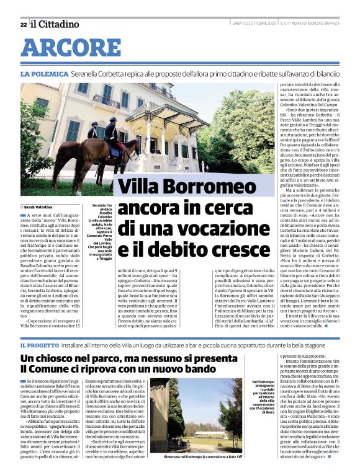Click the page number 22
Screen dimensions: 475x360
click(23, 24)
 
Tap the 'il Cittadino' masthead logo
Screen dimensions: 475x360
click(55, 24)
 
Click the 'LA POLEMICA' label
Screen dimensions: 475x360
click(43, 74)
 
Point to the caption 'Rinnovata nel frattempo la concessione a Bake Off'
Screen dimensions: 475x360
click(194, 456)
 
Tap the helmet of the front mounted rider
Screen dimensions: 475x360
click(112, 120)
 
